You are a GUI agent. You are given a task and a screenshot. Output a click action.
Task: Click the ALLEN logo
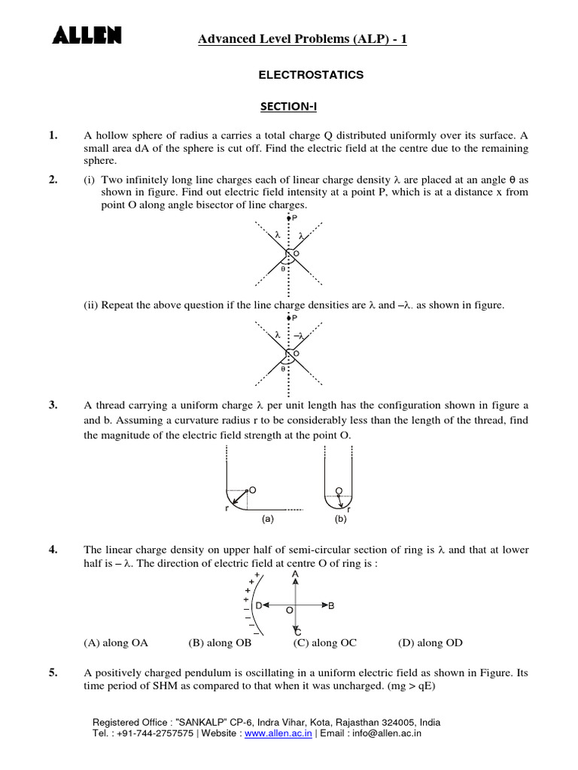pyautogui.click(x=87, y=35)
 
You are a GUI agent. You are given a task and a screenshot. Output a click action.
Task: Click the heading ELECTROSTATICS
pyautogui.click(x=311, y=75)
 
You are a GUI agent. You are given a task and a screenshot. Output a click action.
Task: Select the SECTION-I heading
pyautogui.click(x=289, y=107)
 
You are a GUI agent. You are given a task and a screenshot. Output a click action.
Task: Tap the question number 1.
pyautogui.click(x=53, y=135)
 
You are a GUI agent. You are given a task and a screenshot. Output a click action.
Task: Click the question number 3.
pyautogui.click(x=53, y=405)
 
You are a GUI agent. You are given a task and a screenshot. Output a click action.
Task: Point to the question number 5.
pyautogui.click(x=53, y=673)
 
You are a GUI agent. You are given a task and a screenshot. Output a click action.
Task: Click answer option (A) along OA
pyautogui.click(x=116, y=643)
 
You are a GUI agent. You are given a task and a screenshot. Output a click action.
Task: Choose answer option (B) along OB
pyautogui.click(x=220, y=643)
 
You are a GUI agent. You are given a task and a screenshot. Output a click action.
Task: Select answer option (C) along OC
pyautogui.click(x=325, y=643)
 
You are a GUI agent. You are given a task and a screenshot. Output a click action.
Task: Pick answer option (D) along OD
pyautogui.click(x=430, y=643)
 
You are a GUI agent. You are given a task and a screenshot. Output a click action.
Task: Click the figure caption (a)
pyautogui.click(x=267, y=519)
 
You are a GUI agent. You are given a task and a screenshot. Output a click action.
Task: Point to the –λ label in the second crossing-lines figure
pyautogui.click(x=300, y=336)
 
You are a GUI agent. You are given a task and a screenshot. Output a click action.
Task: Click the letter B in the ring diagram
pyautogui.click(x=331, y=605)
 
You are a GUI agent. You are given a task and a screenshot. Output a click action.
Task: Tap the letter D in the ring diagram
pyautogui.click(x=259, y=605)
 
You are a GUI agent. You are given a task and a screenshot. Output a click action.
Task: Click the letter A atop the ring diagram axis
pyautogui.click(x=296, y=574)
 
